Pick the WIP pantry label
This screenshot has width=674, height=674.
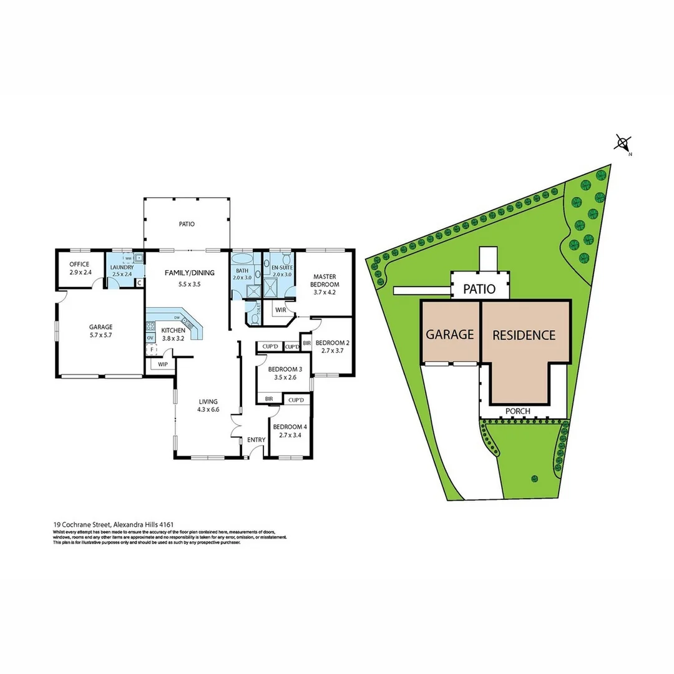(163, 364)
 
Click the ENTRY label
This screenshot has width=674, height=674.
(256, 440)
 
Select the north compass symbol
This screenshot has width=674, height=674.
(622, 144)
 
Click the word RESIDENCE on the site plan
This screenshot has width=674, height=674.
(524, 335)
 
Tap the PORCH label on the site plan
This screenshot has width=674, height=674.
(518, 411)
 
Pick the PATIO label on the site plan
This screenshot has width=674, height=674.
(479, 290)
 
